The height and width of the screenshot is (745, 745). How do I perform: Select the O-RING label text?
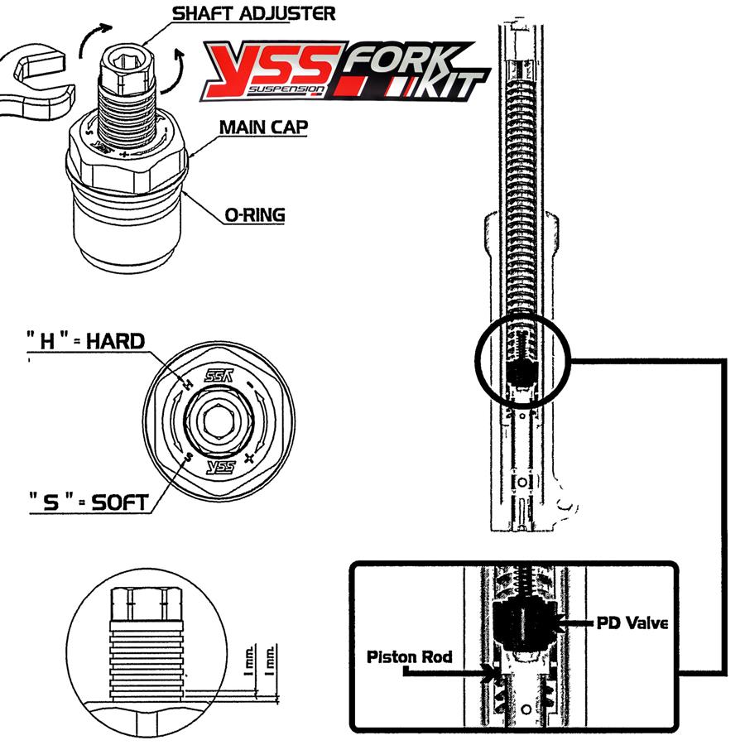(254, 216)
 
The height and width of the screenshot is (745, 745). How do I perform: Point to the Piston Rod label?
(410, 656)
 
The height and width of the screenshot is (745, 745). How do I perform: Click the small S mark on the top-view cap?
(190, 455)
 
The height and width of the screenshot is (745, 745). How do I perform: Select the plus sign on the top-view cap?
(250, 458)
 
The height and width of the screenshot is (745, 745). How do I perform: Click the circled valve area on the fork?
(520, 361)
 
